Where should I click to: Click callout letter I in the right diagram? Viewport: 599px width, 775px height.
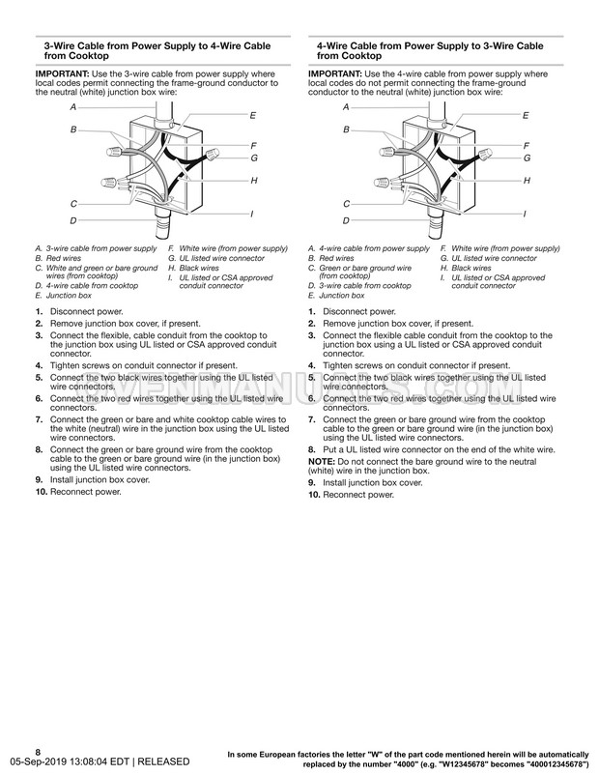click(528, 214)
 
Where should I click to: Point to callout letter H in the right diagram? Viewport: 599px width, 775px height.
click(528, 181)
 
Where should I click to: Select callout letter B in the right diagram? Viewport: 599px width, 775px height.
click(346, 128)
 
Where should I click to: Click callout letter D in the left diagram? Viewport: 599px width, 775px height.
click(73, 220)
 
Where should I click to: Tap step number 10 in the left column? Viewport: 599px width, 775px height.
click(40, 492)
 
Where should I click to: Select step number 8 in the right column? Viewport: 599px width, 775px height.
click(311, 450)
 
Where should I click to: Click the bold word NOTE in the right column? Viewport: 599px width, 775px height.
click(321, 462)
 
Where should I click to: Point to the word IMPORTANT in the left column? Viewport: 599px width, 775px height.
click(60, 72)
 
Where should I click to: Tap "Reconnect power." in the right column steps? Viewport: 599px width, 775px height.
click(359, 495)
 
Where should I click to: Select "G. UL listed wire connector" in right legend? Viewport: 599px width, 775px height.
click(488, 259)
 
